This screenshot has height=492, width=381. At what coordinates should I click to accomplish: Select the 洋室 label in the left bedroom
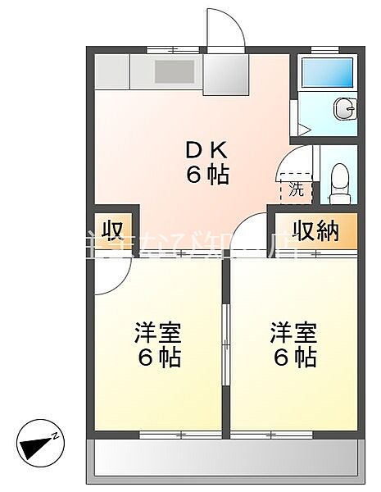click(x=158, y=334)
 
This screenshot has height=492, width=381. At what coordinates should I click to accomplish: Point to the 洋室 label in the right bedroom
click(x=294, y=334)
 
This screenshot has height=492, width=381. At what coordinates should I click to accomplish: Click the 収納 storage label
click(x=316, y=232)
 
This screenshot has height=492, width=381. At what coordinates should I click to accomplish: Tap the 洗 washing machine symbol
click(x=295, y=189)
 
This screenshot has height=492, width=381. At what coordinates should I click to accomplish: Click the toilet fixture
click(x=338, y=182)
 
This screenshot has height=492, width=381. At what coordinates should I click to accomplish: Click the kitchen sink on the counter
click(x=174, y=71)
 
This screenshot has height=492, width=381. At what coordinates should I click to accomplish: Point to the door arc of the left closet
click(x=105, y=283)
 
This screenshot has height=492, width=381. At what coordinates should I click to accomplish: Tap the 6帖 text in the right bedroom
click(x=294, y=358)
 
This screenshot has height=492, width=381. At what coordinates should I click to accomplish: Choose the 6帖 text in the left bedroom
click(x=158, y=358)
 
